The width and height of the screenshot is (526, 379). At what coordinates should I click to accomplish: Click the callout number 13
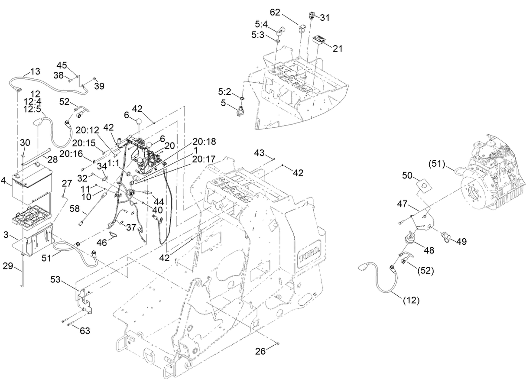[35, 71]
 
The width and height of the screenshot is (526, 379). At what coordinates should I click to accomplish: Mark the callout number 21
[338, 49]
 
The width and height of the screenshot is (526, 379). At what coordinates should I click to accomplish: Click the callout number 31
[325, 18]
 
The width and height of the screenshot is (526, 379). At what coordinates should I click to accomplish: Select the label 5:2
[224, 92]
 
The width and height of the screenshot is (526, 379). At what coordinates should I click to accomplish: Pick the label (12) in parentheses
[410, 300]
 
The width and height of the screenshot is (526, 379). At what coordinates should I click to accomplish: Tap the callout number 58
[75, 208]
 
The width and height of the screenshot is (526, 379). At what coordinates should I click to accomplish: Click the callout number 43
[259, 153]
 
